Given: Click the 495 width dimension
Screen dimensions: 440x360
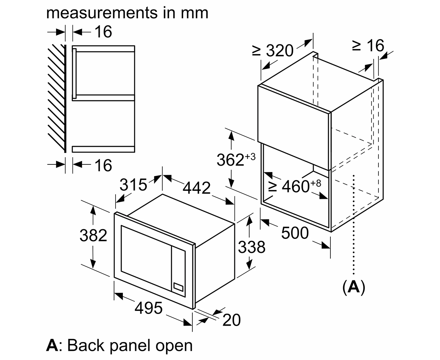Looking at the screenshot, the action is click(148, 308).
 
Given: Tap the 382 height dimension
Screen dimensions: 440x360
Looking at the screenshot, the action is click(94, 235).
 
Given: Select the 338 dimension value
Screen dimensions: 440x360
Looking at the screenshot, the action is click(252, 247).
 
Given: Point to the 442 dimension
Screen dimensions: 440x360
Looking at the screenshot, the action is click(196, 188).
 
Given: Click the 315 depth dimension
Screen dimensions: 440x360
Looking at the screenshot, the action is click(133, 184).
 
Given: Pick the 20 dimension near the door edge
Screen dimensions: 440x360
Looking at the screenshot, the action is click(232, 320).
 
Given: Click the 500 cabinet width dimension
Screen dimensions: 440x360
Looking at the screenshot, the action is click(295, 233).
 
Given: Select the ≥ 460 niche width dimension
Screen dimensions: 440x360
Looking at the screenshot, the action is click(294, 186).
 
